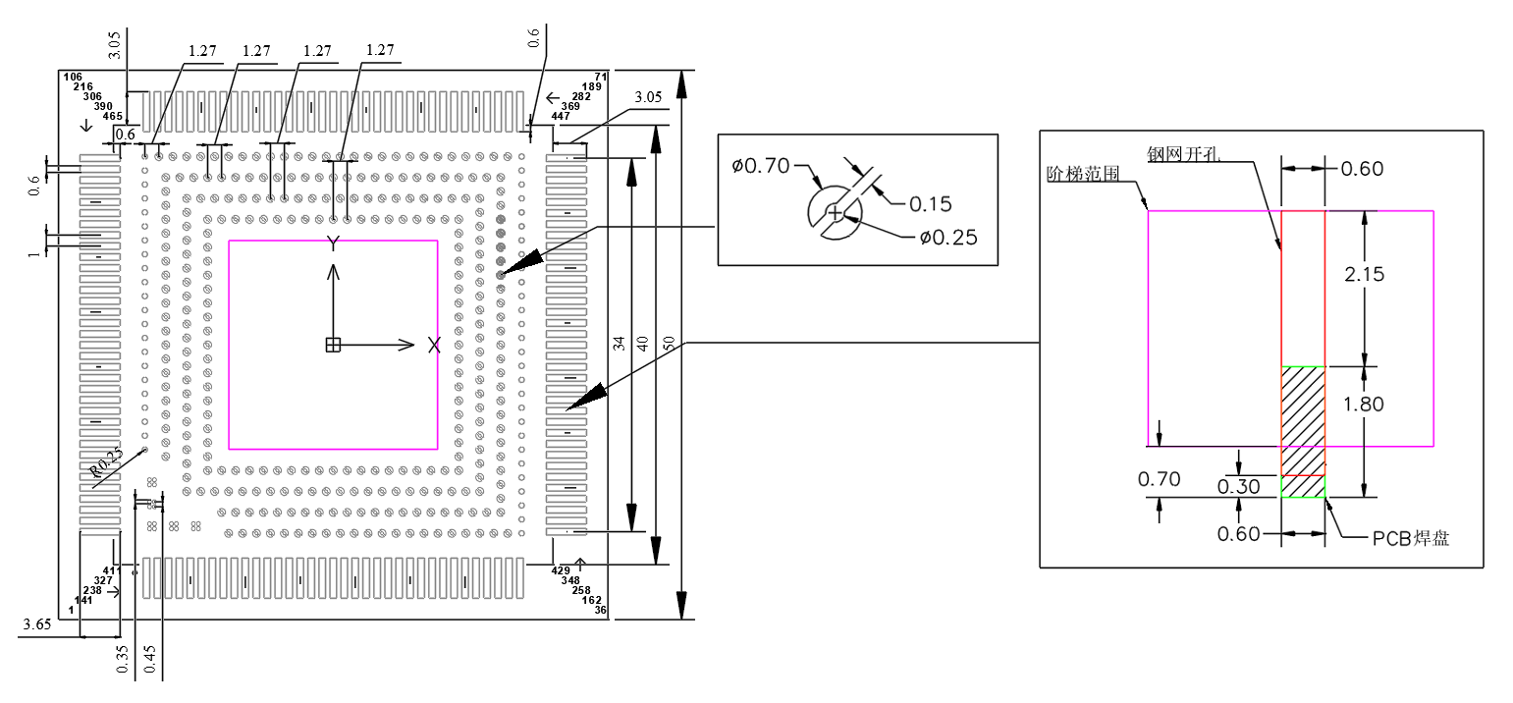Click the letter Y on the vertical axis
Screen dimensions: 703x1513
[x=334, y=243]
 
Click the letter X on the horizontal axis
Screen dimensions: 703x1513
[x=434, y=345]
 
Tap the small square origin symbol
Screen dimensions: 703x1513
[x=333, y=345]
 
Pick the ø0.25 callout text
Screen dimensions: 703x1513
[x=947, y=237]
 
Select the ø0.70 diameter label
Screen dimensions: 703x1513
[x=760, y=166]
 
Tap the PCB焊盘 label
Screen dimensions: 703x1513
[x=1411, y=538]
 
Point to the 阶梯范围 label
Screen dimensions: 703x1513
[x=1081, y=173]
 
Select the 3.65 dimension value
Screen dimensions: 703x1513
[x=37, y=623]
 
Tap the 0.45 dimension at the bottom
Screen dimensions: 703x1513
[x=150, y=658]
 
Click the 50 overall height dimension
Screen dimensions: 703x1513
[x=669, y=343]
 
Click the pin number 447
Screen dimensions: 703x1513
[x=561, y=116]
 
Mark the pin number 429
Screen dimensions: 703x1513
[x=561, y=570]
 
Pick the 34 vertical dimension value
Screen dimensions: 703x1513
[x=618, y=343]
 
